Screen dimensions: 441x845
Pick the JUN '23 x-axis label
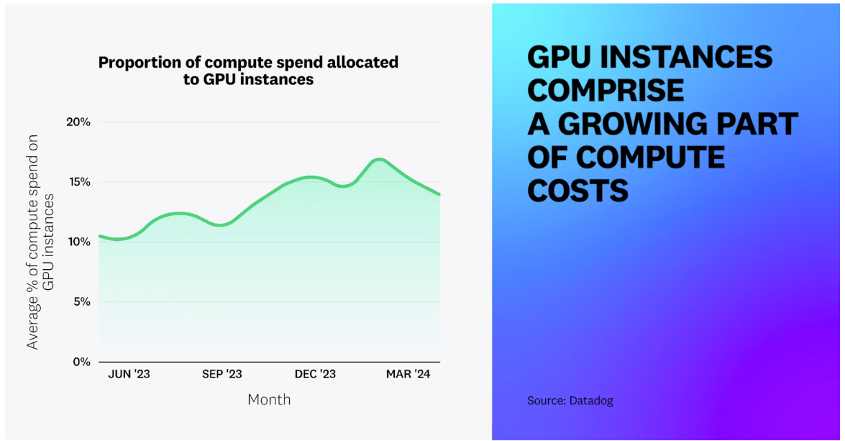129,374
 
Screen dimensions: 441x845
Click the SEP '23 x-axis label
222,374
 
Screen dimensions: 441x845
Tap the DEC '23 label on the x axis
315,374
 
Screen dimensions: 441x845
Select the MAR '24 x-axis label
408,374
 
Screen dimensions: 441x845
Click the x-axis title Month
269,400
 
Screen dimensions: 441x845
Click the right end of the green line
439,195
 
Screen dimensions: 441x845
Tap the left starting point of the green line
99,236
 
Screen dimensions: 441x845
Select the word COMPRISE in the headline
605,90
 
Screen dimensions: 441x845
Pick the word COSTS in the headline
578,190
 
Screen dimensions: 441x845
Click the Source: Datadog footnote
570,400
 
